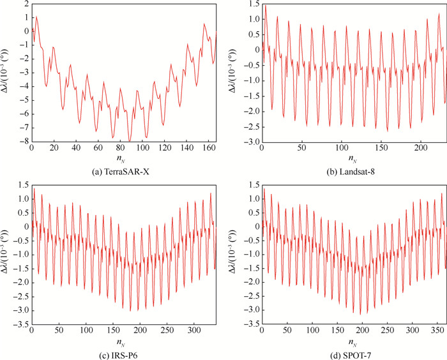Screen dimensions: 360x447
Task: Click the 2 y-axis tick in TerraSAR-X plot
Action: (24, 4)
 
